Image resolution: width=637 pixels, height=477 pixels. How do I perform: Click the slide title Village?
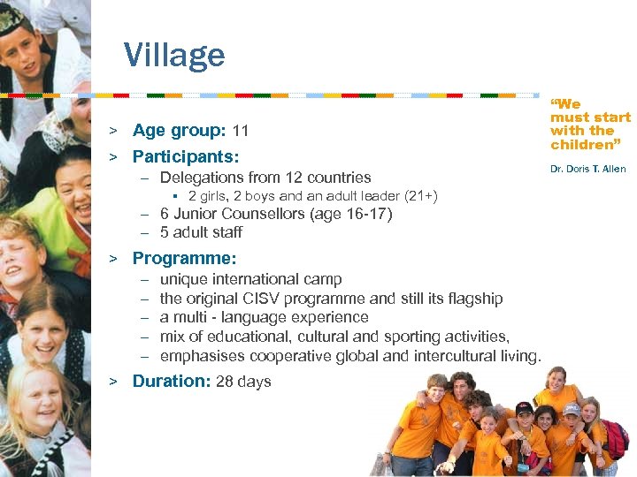tap(174, 55)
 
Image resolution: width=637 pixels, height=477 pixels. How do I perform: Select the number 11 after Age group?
tap(240, 132)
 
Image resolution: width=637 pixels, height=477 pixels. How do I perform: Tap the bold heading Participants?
tap(186, 156)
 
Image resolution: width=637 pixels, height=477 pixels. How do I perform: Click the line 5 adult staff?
tap(201, 232)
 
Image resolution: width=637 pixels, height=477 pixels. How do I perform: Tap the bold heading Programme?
tap(184, 258)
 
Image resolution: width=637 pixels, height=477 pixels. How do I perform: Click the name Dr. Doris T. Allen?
tap(587, 169)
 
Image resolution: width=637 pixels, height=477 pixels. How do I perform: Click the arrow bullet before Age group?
tap(113, 132)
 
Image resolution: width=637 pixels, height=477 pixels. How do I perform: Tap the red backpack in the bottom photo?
tap(617, 437)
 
